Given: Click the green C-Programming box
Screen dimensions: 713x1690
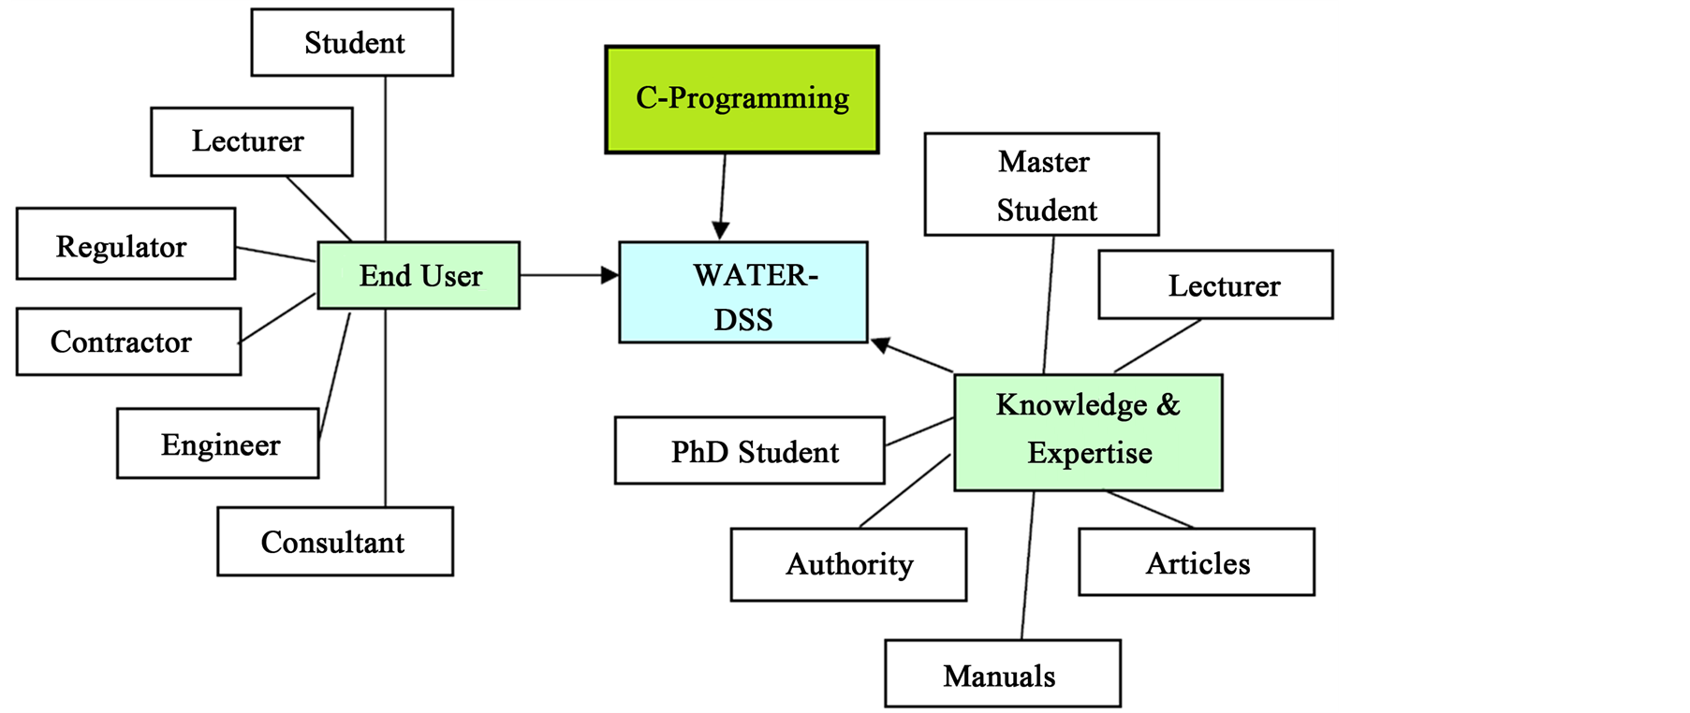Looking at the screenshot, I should pyautogui.click(x=742, y=99).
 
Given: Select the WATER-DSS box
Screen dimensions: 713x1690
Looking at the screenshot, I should pyautogui.click(x=742, y=293).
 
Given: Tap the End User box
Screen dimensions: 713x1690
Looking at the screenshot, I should pyautogui.click(x=419, y=276).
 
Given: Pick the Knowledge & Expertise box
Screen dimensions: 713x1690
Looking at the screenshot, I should pyautogui.click(x=1088, y=432).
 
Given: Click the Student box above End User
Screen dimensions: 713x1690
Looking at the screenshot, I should pyautogui.click(x=352, y=43).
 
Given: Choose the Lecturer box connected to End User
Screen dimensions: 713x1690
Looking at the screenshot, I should pyautogui.click(x=251, y=141).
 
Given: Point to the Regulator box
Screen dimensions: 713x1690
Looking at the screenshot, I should pyautogui.click(x=125, y=244).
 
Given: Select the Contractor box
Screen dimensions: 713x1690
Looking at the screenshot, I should pyautogui.click(x=128, y=342).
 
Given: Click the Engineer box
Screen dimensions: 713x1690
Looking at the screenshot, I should pyautogui.click(x=217, y=444).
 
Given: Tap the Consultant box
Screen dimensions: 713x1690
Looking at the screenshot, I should pyautogui.click(x=334, y=542).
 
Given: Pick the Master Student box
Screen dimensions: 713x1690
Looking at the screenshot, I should pyautogui.click(x=1041, y=184).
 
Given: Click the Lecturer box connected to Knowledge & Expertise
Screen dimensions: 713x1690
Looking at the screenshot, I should pyautogui.click(x=1215, y=284).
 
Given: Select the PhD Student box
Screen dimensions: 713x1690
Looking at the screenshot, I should pyautogui.click(x=749, y=451).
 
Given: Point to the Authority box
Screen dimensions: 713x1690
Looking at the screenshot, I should pyautogui.click(x=848, y=564).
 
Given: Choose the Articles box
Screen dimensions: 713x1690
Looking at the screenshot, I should pyautogui.click(x=1196, y=562).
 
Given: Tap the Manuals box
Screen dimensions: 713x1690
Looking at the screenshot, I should pyautogui.click(x=1002, y=674).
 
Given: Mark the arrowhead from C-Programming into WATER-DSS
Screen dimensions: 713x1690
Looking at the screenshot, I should pyautogui.click(x=720, y=230).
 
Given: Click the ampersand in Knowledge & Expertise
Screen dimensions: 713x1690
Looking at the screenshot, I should pyautogui.click(x=1168, y=404).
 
